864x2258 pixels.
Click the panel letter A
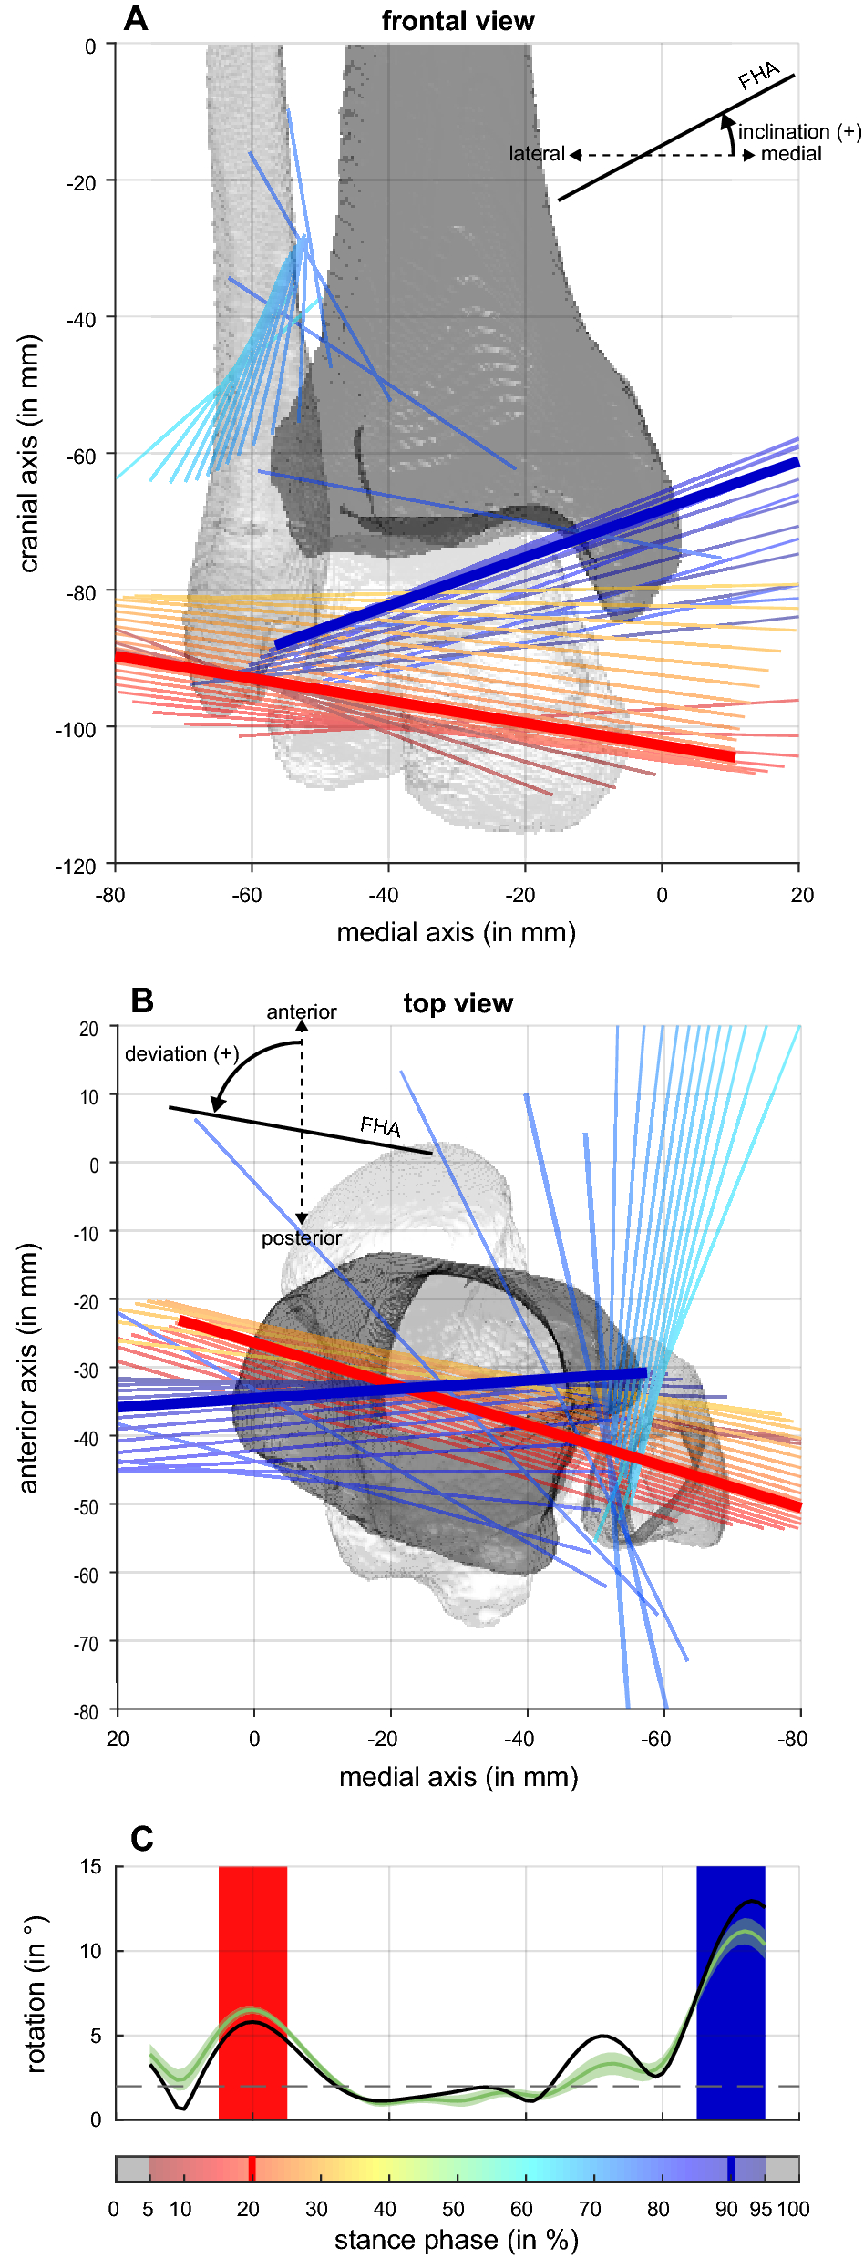(x=135, y=18)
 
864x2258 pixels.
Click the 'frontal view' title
(x=458, y=21)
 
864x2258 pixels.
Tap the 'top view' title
(x=458, y=1003)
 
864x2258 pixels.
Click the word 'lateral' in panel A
(x=537, y=154)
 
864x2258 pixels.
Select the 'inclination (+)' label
(x=798, y=132)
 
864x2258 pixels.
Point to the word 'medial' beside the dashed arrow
(x=791, y=154)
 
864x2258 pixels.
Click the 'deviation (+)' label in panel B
(x=181, y=1054)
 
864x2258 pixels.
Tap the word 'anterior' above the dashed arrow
(x=302, y=1011)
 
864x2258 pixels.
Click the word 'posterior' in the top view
(x=302, y=1238)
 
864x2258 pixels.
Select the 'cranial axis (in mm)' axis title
(x=29, y=454)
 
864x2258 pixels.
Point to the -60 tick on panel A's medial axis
(x=246, y=895)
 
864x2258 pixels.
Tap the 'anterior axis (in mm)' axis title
(x=29, y=1369)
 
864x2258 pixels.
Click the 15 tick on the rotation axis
(x=90, y=1867)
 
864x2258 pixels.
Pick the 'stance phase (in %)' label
(x=456, y=2239)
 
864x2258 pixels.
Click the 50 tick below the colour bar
(x=453, y=2209)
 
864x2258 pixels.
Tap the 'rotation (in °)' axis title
(x=35, y=1993)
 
